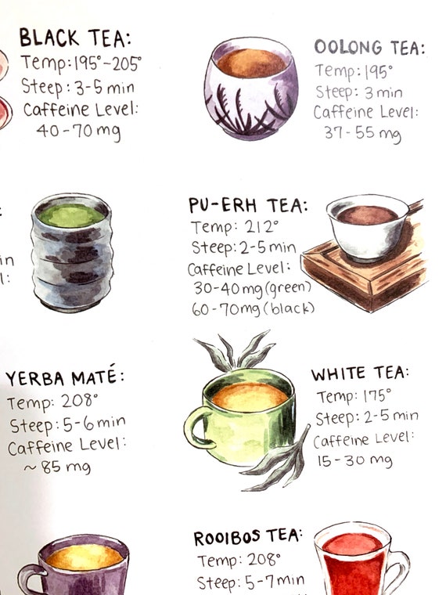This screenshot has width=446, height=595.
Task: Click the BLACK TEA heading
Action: point(75,38)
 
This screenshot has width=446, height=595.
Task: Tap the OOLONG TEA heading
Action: point(369,48)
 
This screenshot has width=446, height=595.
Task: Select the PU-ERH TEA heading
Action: point(248,205)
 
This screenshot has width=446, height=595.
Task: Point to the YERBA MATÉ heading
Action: point(65,377)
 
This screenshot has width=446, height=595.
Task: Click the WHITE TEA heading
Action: point(360,373)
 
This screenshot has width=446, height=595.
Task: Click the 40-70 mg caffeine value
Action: point(79,132)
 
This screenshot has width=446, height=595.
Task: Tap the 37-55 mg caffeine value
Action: point(362,134)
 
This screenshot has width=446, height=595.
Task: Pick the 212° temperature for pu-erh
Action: point(262,226)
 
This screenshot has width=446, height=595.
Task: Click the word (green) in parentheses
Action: point(288,288)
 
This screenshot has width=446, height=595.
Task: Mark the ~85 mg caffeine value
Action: point(58,467)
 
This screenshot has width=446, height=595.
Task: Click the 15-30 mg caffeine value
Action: point(354,460)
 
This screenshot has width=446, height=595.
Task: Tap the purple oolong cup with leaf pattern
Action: point(250,89)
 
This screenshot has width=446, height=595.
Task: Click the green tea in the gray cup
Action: point(71,215)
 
